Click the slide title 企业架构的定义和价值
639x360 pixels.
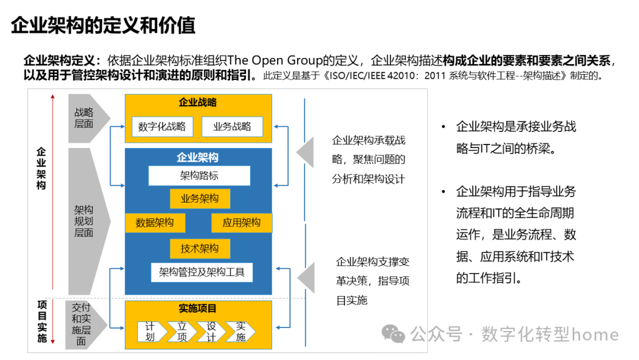coord(103,25)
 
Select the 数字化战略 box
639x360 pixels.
coord(162,126)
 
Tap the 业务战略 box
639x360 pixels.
coord(232,126)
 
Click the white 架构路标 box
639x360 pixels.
coord(199,176)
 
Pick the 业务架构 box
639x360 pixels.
coord(199,199)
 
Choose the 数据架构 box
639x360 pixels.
coord(154,223)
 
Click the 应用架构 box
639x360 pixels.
coord(241,223)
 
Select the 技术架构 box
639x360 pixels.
coord(199,249)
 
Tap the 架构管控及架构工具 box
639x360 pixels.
coord(202,273)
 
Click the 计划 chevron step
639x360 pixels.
coord(151,332)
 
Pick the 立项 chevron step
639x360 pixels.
coord(182,332)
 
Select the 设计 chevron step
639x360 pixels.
coord(211,332)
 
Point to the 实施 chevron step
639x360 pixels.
coord(241,332)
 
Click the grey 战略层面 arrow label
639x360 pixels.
coord(86,118)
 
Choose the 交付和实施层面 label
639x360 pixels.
coord(82,324)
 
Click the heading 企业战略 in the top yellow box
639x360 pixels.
coord(198,102)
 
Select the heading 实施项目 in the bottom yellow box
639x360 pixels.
coord(198,308)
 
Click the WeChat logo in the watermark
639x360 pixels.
coord(393,335)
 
